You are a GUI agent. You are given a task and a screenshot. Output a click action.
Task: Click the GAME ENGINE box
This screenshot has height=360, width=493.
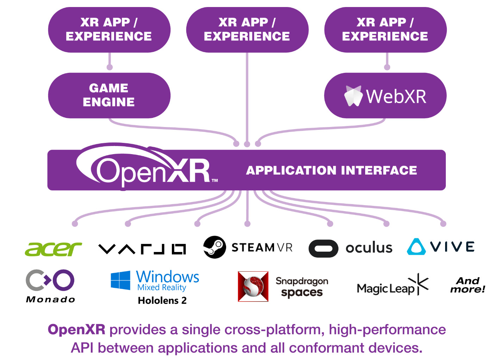pyautogui.click(x=109, y=95)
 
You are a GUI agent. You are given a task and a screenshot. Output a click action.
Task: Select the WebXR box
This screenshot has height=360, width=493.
pyautogui.click(x=385, y=95)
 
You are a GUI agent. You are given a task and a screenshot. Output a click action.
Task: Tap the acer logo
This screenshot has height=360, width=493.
pyautogui.click(x=53, y=249)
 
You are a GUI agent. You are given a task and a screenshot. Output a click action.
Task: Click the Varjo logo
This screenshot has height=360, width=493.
pyautogui.click(x=142, y=249)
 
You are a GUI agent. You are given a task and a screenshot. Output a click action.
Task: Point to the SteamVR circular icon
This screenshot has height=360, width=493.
pyautogui.click(x=214, y=247)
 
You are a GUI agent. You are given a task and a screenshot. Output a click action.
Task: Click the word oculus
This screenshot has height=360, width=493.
pyautogui.click(x=369, y=248)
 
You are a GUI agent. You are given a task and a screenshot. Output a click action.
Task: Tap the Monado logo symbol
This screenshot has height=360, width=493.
pyautogui.click(x=50, y=280)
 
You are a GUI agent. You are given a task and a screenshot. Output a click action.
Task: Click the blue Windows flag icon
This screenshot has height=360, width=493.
pyautogui.click(x=120, y=280)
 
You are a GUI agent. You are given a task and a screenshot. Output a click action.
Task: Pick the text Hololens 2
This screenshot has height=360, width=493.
pyautogui.click(x=162, y=301)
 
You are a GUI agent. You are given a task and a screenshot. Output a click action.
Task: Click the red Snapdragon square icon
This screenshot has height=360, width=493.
pyautogui.click(x=253, y=286)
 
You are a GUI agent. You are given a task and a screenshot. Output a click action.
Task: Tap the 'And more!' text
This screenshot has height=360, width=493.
pyautogui.click(x=468, y=285)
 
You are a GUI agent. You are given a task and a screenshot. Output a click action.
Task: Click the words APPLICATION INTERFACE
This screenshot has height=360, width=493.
pyautogui.click(x=331, y=170)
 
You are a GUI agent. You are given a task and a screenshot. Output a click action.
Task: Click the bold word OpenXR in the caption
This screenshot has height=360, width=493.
pyautogui.click(x=76, y=330)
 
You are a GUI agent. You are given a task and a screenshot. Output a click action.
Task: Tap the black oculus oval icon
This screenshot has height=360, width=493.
pyautogui.click(x=323, y=249)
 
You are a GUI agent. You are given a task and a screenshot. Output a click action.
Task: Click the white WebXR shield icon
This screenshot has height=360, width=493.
pyautogui.click(x=353, y=96)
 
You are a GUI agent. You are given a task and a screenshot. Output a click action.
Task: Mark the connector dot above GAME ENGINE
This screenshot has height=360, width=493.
pyautogui.click(x=110, y=67)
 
